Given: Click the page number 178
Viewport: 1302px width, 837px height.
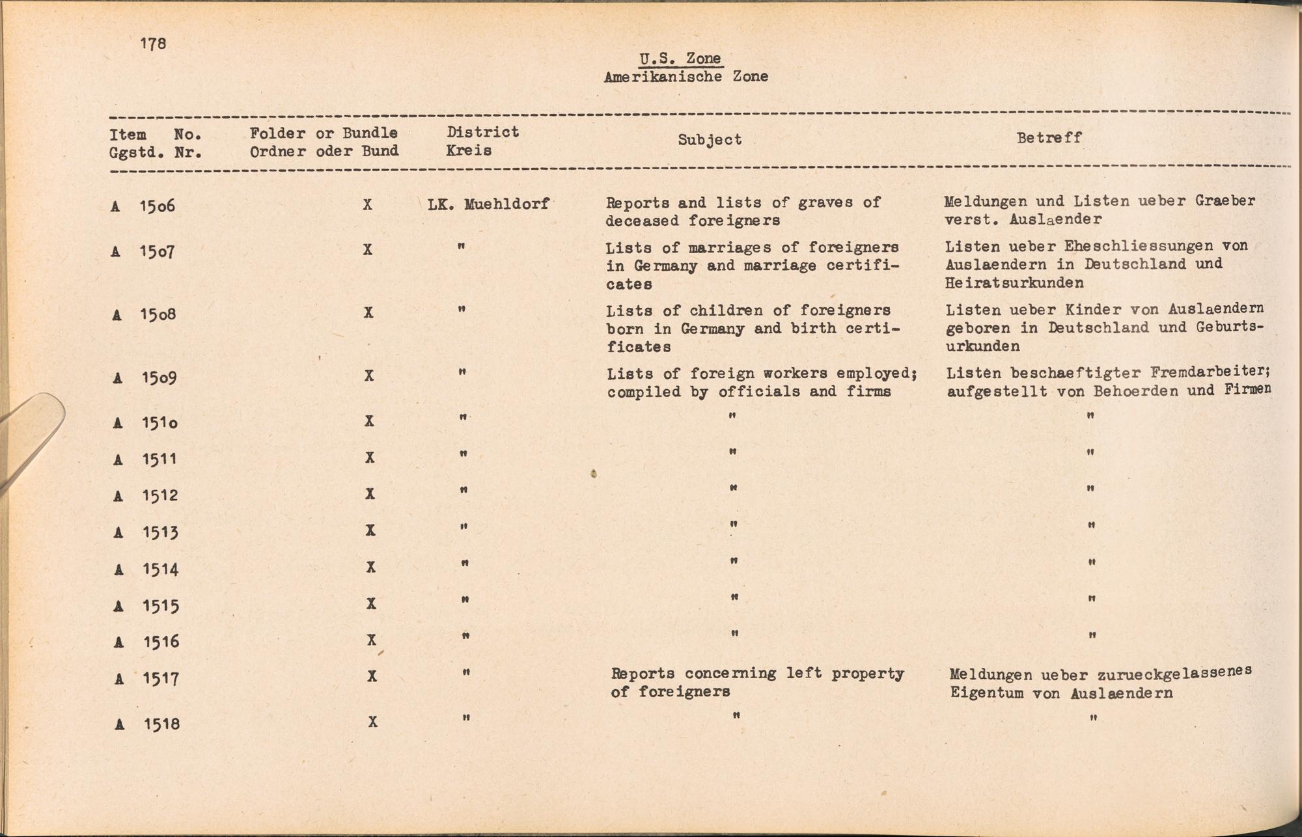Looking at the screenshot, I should (153, 44).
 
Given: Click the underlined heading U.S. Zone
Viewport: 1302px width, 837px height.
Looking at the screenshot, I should (680, 59).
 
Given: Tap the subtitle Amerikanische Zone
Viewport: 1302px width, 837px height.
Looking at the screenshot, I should (686, 77).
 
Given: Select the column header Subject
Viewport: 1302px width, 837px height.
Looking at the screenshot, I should (710, 140).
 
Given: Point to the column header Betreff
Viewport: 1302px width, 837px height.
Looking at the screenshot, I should (1049, 138).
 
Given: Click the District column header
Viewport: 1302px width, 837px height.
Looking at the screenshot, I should (482, 132).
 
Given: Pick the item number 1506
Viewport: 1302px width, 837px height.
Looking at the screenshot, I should (158, 206).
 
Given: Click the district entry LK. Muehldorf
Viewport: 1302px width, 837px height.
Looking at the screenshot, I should (488, 204).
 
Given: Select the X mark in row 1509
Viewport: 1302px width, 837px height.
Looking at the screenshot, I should (369, 376).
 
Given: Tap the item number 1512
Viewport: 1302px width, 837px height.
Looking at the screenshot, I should (160, 495).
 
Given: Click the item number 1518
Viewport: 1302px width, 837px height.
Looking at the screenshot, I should (162, 724).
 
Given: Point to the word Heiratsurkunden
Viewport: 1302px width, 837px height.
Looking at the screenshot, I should (1014, 282).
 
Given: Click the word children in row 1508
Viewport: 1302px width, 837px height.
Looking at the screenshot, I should (726, 310).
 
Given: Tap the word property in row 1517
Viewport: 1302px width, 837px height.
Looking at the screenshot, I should (867, 673).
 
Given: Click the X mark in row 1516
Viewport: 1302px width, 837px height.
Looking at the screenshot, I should (372, 640).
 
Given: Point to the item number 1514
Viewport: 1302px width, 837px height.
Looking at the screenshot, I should (161, 569).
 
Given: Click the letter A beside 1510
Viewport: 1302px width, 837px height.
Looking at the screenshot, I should (118, 423).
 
